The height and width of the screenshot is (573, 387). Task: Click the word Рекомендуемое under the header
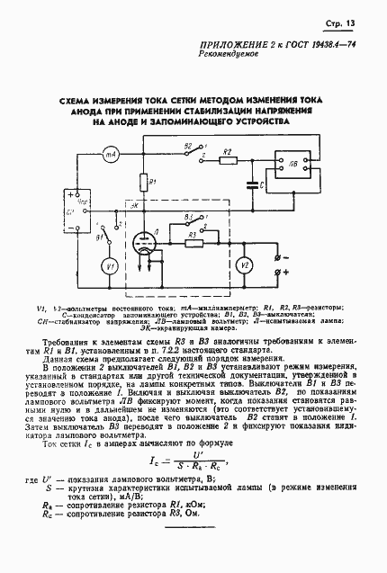point(228,67)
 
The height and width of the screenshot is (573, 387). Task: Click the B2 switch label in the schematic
point(187,146)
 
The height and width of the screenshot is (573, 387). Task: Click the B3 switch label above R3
point(184,217)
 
